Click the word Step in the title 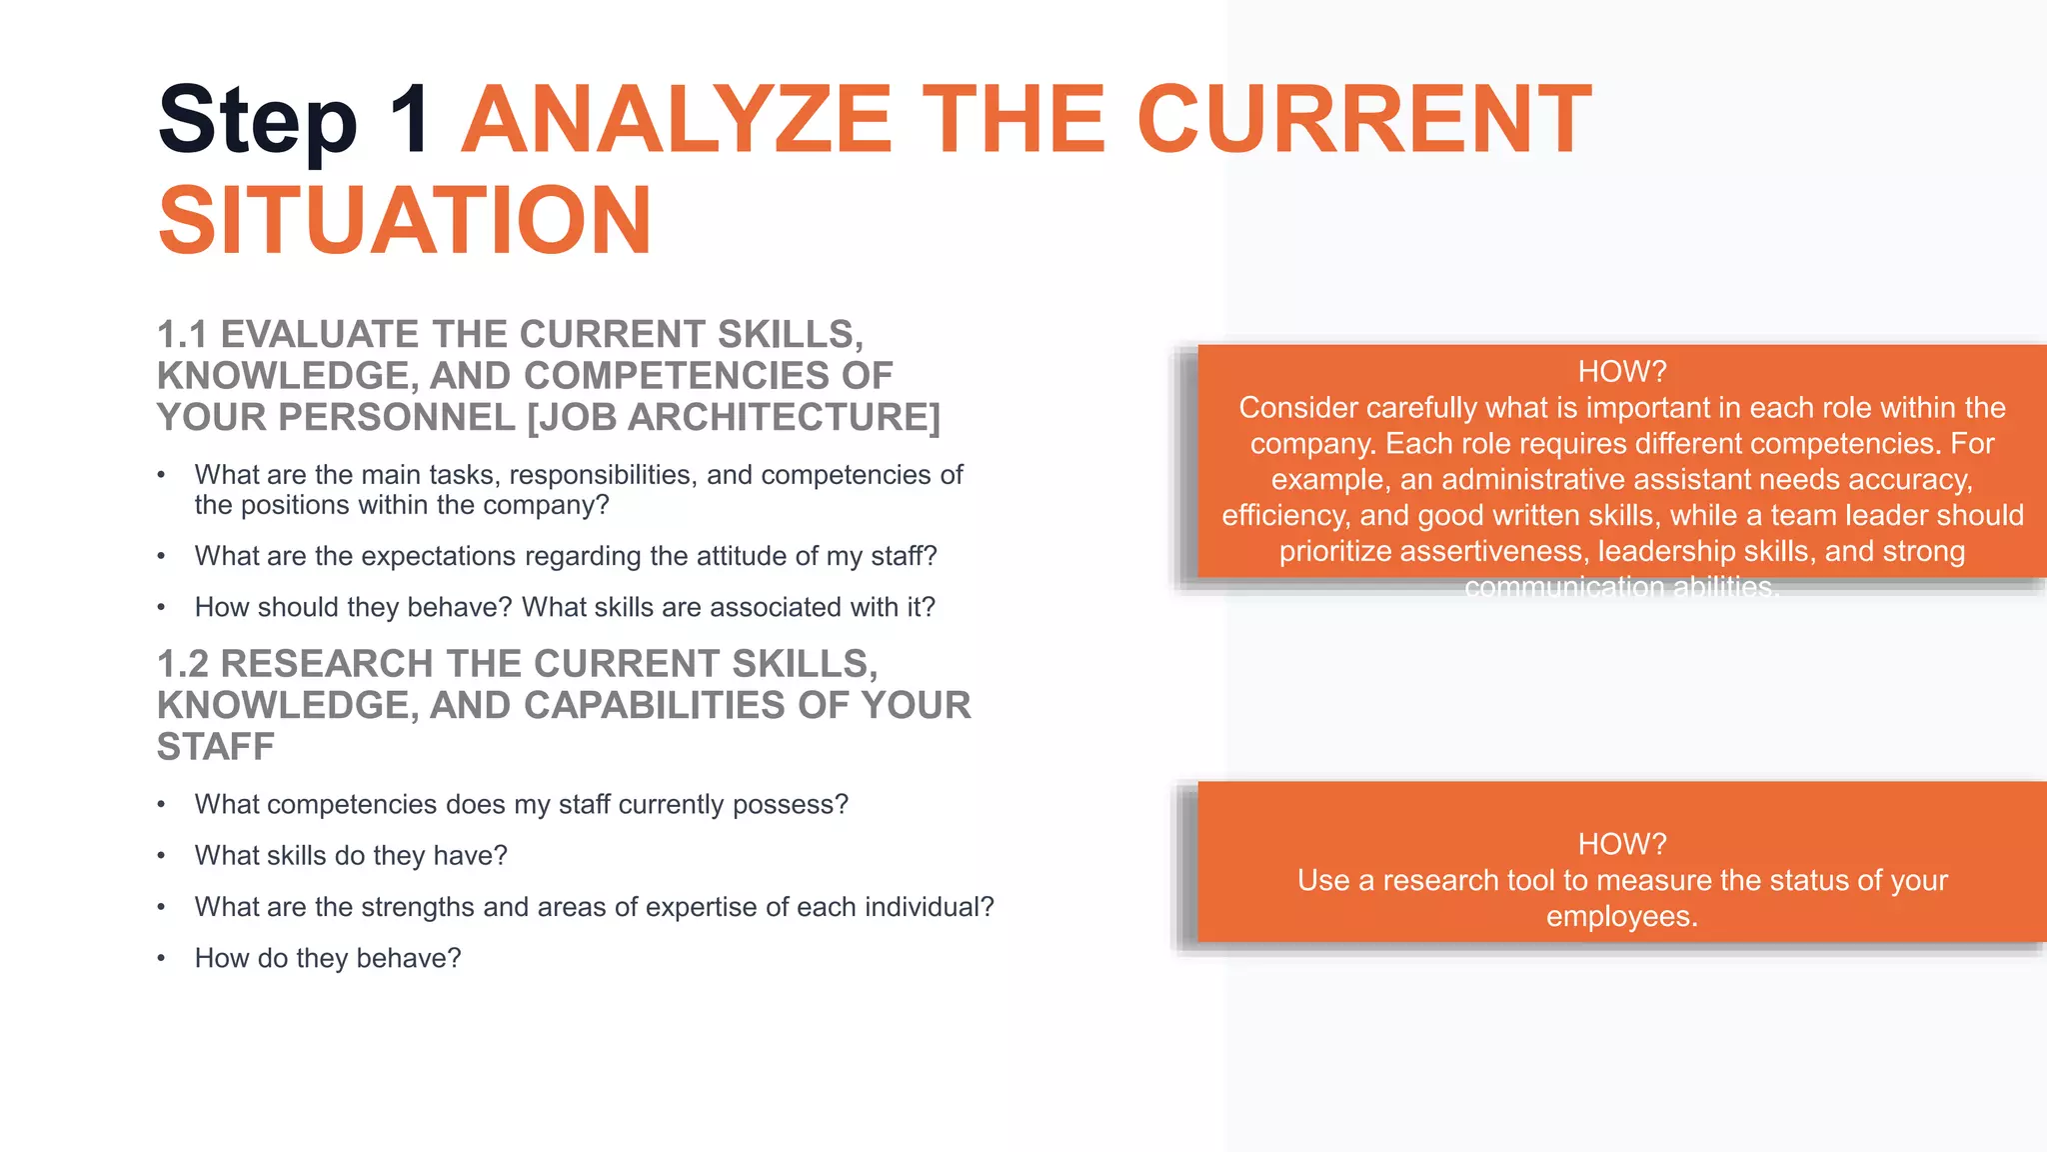pyautogui.click(x=257, y=122)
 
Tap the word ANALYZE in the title pyautogui.click(x=676, y=120)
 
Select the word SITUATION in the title pyautogui.click(x=405, y=221)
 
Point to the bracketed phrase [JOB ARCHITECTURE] pyautogui.click(x=734, y=417)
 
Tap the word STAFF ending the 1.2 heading pyautogui.click(x=215, y=747)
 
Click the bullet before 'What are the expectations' pyautogui.click(x=161, y=556)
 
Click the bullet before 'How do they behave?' pyautogui.click(x=161, y=958)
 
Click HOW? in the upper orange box pyautogui.click(x=1621, y=372)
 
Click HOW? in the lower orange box pyautogui.click(x=1621, y=844)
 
